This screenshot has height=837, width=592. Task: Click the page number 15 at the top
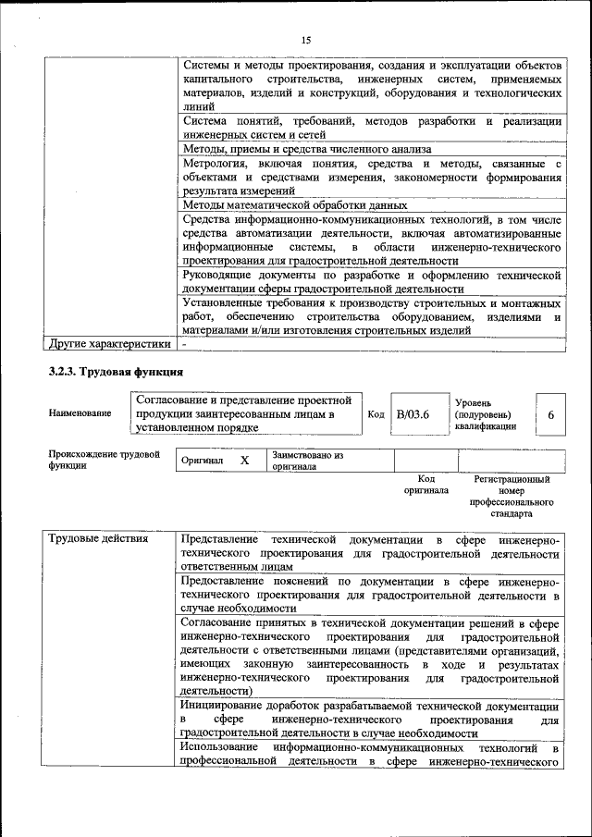tap(306, 39)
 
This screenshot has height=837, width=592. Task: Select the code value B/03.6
tap(413, 414)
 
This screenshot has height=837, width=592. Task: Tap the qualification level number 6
tap(550, 415)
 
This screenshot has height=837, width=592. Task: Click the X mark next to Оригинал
tap(244, 460)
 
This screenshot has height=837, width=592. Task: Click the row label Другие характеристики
tap(110, 344)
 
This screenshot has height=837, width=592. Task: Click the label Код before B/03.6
tap(376, 414)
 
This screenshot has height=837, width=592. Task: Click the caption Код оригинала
tap(425, 485)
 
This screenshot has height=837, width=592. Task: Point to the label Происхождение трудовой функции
tap(104, 460)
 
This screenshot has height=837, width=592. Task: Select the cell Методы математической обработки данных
tap(294, 204)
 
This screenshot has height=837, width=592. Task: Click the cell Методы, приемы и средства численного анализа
tap(306, 148)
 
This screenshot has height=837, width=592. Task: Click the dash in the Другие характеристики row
tap(184, 344)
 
